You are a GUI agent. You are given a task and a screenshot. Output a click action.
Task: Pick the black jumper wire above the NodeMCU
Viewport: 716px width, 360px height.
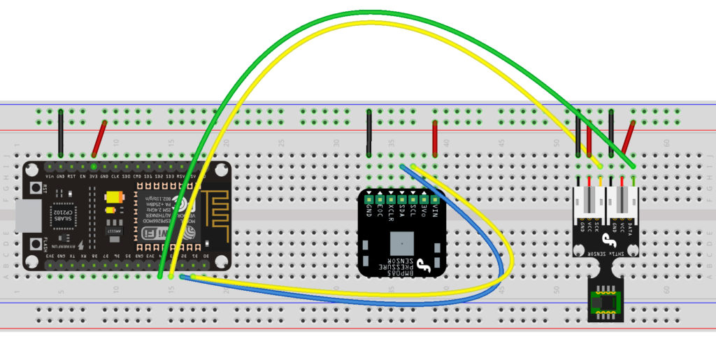[61, 133]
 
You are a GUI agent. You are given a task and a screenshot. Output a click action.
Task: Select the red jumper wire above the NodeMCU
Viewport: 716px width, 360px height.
[99, 138]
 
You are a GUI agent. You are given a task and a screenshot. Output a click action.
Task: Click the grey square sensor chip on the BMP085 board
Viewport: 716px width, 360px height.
[401, 245]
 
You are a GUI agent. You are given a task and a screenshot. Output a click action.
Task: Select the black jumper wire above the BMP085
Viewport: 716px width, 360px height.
[369, 133]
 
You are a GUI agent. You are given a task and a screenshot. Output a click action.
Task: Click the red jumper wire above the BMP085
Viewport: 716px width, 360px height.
[435, 138]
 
